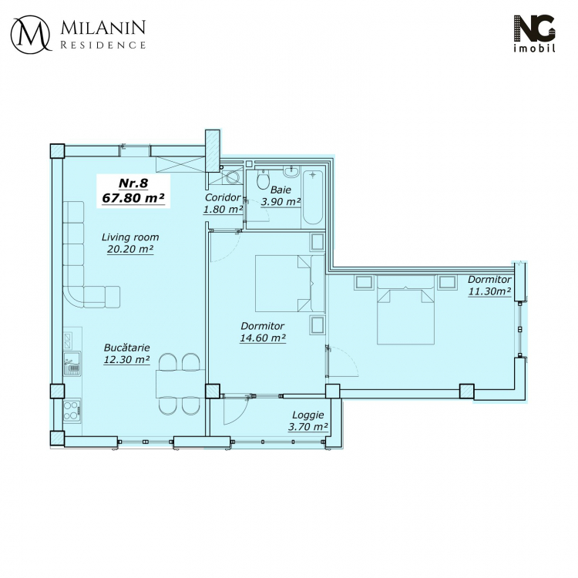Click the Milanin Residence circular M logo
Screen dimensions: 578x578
point(30,34)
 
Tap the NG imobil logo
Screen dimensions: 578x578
point(535,34)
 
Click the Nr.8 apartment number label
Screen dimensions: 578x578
point(133,183)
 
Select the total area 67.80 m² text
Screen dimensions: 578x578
point(133,198)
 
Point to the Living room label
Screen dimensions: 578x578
point(130,237)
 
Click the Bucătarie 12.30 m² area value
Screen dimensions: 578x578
point(126,359)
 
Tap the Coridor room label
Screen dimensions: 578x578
point(223,197)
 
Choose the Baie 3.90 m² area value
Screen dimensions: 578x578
point(281,202)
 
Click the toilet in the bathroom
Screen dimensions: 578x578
point(263,180)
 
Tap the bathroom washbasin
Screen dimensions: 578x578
point(292,170)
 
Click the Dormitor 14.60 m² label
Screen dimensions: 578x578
point(263,331)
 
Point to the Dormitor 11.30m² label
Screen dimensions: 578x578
point(489,285)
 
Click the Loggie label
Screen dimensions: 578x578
point(307,415)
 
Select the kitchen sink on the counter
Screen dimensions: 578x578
point(72,364)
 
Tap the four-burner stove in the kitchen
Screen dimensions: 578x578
point(72,411)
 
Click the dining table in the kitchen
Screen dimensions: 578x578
point(180,383)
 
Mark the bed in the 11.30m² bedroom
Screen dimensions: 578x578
point(405,310)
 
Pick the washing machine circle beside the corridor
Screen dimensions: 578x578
point(233,177)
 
